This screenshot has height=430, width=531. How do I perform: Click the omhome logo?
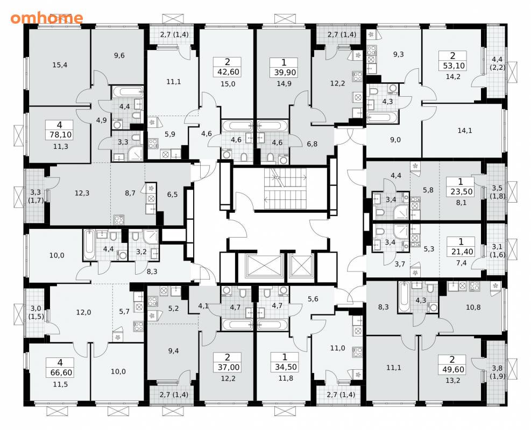(x=46, y=18)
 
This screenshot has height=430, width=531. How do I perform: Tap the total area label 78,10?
(x=60, y=135)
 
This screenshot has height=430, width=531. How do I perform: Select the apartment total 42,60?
(x=227, y=72)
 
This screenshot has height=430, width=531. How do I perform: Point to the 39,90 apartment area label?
(x=284, y=73)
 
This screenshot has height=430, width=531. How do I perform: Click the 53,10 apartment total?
(x=454, y=66)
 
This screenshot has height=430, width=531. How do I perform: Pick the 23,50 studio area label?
(x=461, y=192)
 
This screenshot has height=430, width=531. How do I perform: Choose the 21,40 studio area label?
(x=461, y=252)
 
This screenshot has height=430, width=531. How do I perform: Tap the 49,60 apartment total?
(x=454, y=369)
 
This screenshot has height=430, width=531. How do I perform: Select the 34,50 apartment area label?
(x=285, y=367)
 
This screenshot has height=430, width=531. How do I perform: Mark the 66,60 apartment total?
(x=60, y=372)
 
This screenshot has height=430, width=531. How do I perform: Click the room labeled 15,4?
(x=60, y=64)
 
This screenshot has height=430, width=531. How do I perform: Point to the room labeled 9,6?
(x=119, y=55)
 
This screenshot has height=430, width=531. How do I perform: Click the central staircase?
(x=285, y=189)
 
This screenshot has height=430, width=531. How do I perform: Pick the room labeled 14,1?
(x=465, y=130)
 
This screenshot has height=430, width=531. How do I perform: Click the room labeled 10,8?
(x=473, y=307)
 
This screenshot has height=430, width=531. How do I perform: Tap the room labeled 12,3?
(x=82, y=193)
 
